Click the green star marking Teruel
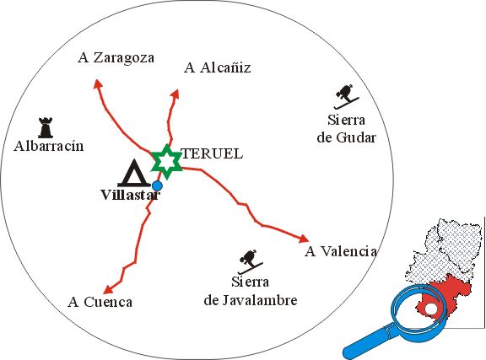(x=166, y=162)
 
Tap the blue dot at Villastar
(x=157, y=185)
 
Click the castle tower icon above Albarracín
(x=46, y=127)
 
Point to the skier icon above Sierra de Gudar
(x=347, y=96)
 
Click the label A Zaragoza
(x=116, y=58)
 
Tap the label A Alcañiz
(x=218, y=67)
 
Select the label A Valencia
(x=341, y=251)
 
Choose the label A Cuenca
(x=100, y=302)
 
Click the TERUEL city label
(x=212, y=154)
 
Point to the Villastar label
(x=131, y=195)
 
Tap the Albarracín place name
(x=49, y=146)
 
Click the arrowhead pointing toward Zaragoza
(x=97, y=83)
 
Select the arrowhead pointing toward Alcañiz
(x=175, y=94)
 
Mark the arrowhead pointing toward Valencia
(x=304, y=239)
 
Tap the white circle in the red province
(x=430, y=309)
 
